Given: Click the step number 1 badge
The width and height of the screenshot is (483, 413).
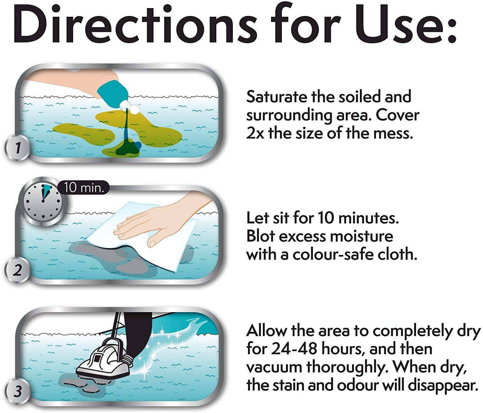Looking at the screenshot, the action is point(17,148).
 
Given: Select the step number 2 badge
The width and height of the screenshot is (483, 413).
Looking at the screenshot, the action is point(17,270).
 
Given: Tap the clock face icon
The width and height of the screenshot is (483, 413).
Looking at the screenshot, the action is point(43,201).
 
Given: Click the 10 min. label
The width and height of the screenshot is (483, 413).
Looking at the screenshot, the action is point(84,187).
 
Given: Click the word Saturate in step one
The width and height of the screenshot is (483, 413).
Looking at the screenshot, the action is point(277,97).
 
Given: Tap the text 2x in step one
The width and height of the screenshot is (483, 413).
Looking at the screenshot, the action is point(255,134).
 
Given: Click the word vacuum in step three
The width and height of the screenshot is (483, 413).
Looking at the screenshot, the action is point(274,368).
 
